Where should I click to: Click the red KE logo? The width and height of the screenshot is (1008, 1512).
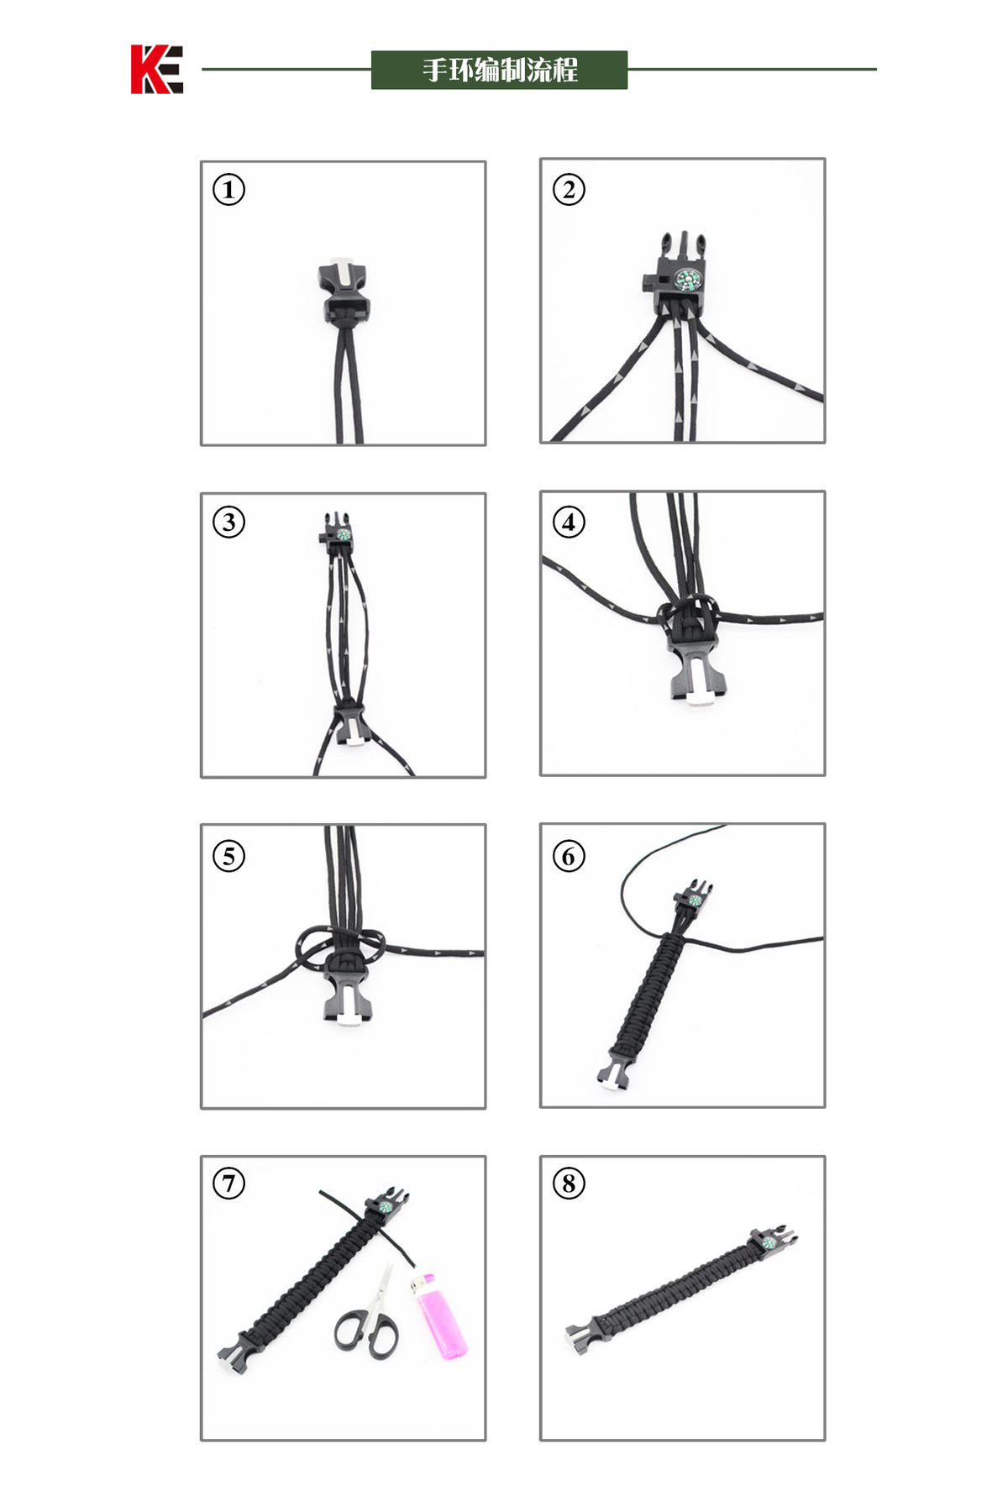(x=156, y=69)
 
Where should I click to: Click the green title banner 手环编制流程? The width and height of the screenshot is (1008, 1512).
(x=499, y=70)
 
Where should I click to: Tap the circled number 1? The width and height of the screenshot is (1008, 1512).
(x=228, y=190)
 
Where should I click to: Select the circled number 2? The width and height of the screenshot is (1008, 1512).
(x=569, y=190)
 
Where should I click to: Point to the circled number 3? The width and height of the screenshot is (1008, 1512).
(x=228, y=522)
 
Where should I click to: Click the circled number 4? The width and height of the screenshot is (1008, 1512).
(x=569, y=522)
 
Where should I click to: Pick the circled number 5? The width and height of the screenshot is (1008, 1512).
(x=228, y=856)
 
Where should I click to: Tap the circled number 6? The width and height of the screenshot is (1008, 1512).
(x=569, y=856)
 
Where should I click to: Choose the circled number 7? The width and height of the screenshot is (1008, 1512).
(x=228, y=1184)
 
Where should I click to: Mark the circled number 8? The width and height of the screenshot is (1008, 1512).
(x=569, y=1184)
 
